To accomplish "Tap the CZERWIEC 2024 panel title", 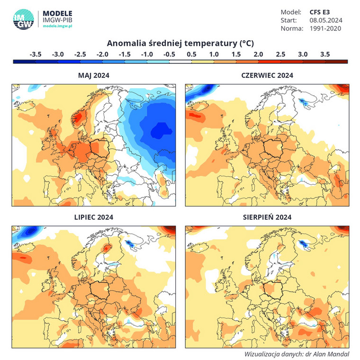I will click(x=267, y=75).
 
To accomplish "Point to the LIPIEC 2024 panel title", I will click(x=93, y=217).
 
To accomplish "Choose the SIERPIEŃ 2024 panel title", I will click(x=267, y=217).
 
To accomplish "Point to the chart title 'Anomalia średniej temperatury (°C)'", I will click(x=180, y=43).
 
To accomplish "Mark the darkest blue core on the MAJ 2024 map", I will click(x=159, y=129).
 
